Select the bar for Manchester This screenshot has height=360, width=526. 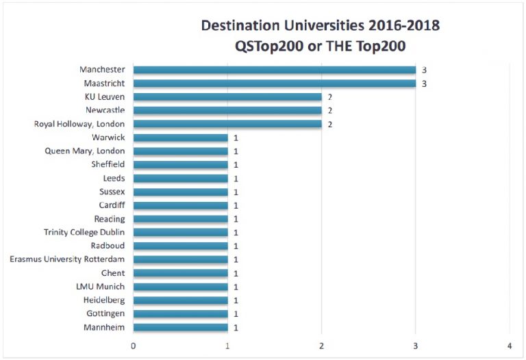(x=274, y=70)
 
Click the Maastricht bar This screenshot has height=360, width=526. (x=274, y=83)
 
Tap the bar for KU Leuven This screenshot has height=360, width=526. (x=227, y=97)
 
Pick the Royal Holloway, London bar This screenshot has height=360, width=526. (x=227, y=124)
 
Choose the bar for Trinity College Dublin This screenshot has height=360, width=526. (x=181, y=232)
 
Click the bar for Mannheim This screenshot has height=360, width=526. (x=181, y=327)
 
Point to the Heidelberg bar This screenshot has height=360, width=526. (x=181, y=300)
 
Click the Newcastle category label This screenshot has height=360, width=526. (x=105, y=110)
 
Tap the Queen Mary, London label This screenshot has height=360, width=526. (x=85, y=151)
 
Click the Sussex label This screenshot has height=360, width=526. (x=112, y=192)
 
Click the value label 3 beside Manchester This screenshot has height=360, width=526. (x=424, y=70)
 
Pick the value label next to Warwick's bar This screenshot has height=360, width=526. (x=236, y=138)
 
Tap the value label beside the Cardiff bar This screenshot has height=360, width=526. (x=236, y=205)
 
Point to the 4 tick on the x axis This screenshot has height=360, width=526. (x=509, y=345)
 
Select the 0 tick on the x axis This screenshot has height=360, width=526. (x=134, y=345)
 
